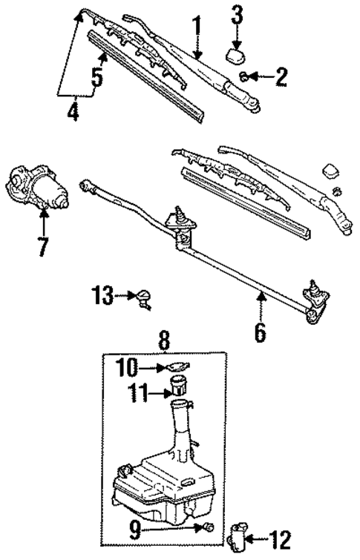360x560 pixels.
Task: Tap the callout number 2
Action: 281,77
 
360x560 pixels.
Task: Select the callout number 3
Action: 236,13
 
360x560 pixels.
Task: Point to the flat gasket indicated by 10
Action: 177,366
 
